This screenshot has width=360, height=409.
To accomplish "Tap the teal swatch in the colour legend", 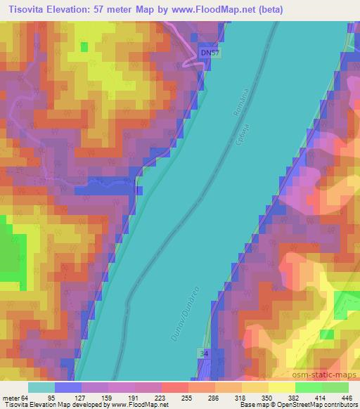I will click(41, 387).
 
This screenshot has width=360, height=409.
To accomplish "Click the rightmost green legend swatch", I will click(335, 387).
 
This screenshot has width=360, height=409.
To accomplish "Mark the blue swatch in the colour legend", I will click(68, 387).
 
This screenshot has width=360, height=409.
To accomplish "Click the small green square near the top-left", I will click(84, 46).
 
